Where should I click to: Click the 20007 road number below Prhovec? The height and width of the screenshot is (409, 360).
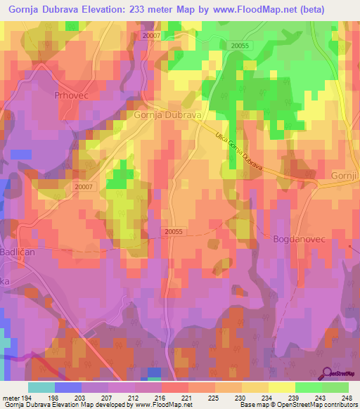click(x=84, y=187)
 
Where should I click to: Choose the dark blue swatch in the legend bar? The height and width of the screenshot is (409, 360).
click(x=67, y=387)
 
